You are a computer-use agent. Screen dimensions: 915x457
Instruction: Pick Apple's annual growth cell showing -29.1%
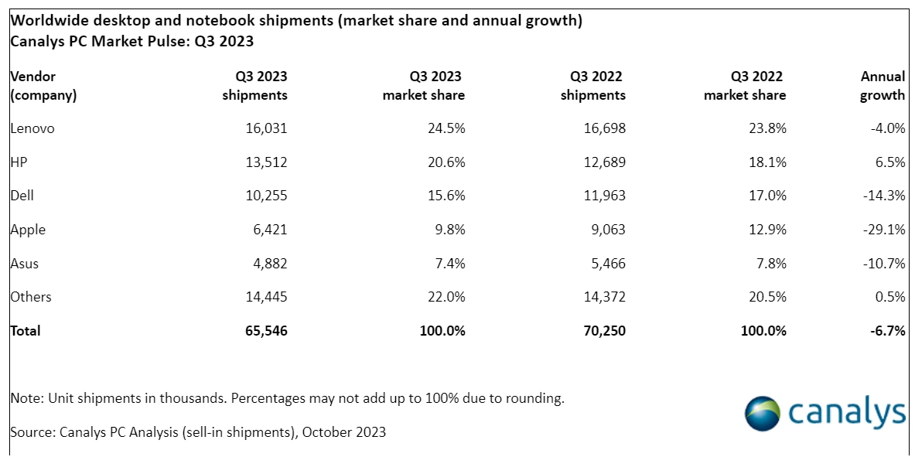tap(883, 230)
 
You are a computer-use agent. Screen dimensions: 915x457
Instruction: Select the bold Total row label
tap(25, 330)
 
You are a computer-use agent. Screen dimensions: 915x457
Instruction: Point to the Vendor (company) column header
tap(44, 86)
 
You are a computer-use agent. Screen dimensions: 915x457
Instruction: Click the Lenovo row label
tap(32, 128)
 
